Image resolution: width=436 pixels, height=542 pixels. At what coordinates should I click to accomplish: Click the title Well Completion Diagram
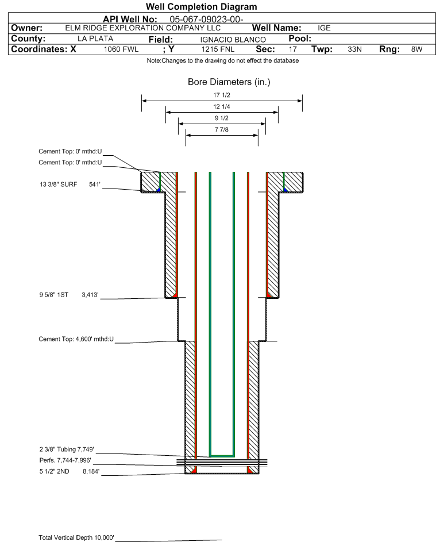pos(201,7)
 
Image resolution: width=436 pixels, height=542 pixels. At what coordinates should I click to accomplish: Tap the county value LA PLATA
pos(95,39)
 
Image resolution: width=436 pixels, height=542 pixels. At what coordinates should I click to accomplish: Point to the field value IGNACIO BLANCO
pos(233,39)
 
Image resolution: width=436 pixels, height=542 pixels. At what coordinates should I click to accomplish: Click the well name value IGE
pos(324,28)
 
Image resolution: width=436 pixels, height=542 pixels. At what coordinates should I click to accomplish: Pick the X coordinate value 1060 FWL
pos(121,49)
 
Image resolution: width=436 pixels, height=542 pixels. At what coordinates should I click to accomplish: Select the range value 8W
pos(416,49)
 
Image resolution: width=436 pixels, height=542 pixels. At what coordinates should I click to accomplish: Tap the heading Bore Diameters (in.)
pos(229,82)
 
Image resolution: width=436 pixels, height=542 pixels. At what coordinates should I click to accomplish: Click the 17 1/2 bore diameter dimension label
pos(222,95)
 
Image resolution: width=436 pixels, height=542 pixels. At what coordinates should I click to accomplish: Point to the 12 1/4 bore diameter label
pos(222,107)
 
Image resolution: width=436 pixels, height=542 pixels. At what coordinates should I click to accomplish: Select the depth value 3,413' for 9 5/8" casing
pos(90,295)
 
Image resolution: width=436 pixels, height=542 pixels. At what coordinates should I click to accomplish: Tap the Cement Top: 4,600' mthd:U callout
pos(76,339)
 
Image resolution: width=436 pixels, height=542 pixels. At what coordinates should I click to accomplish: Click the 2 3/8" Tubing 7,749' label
pos(66,449)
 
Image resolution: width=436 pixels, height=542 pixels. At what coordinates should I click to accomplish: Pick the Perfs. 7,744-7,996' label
pos(65,460)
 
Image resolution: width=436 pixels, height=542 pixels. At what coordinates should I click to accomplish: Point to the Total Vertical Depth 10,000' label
pos(76,537)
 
